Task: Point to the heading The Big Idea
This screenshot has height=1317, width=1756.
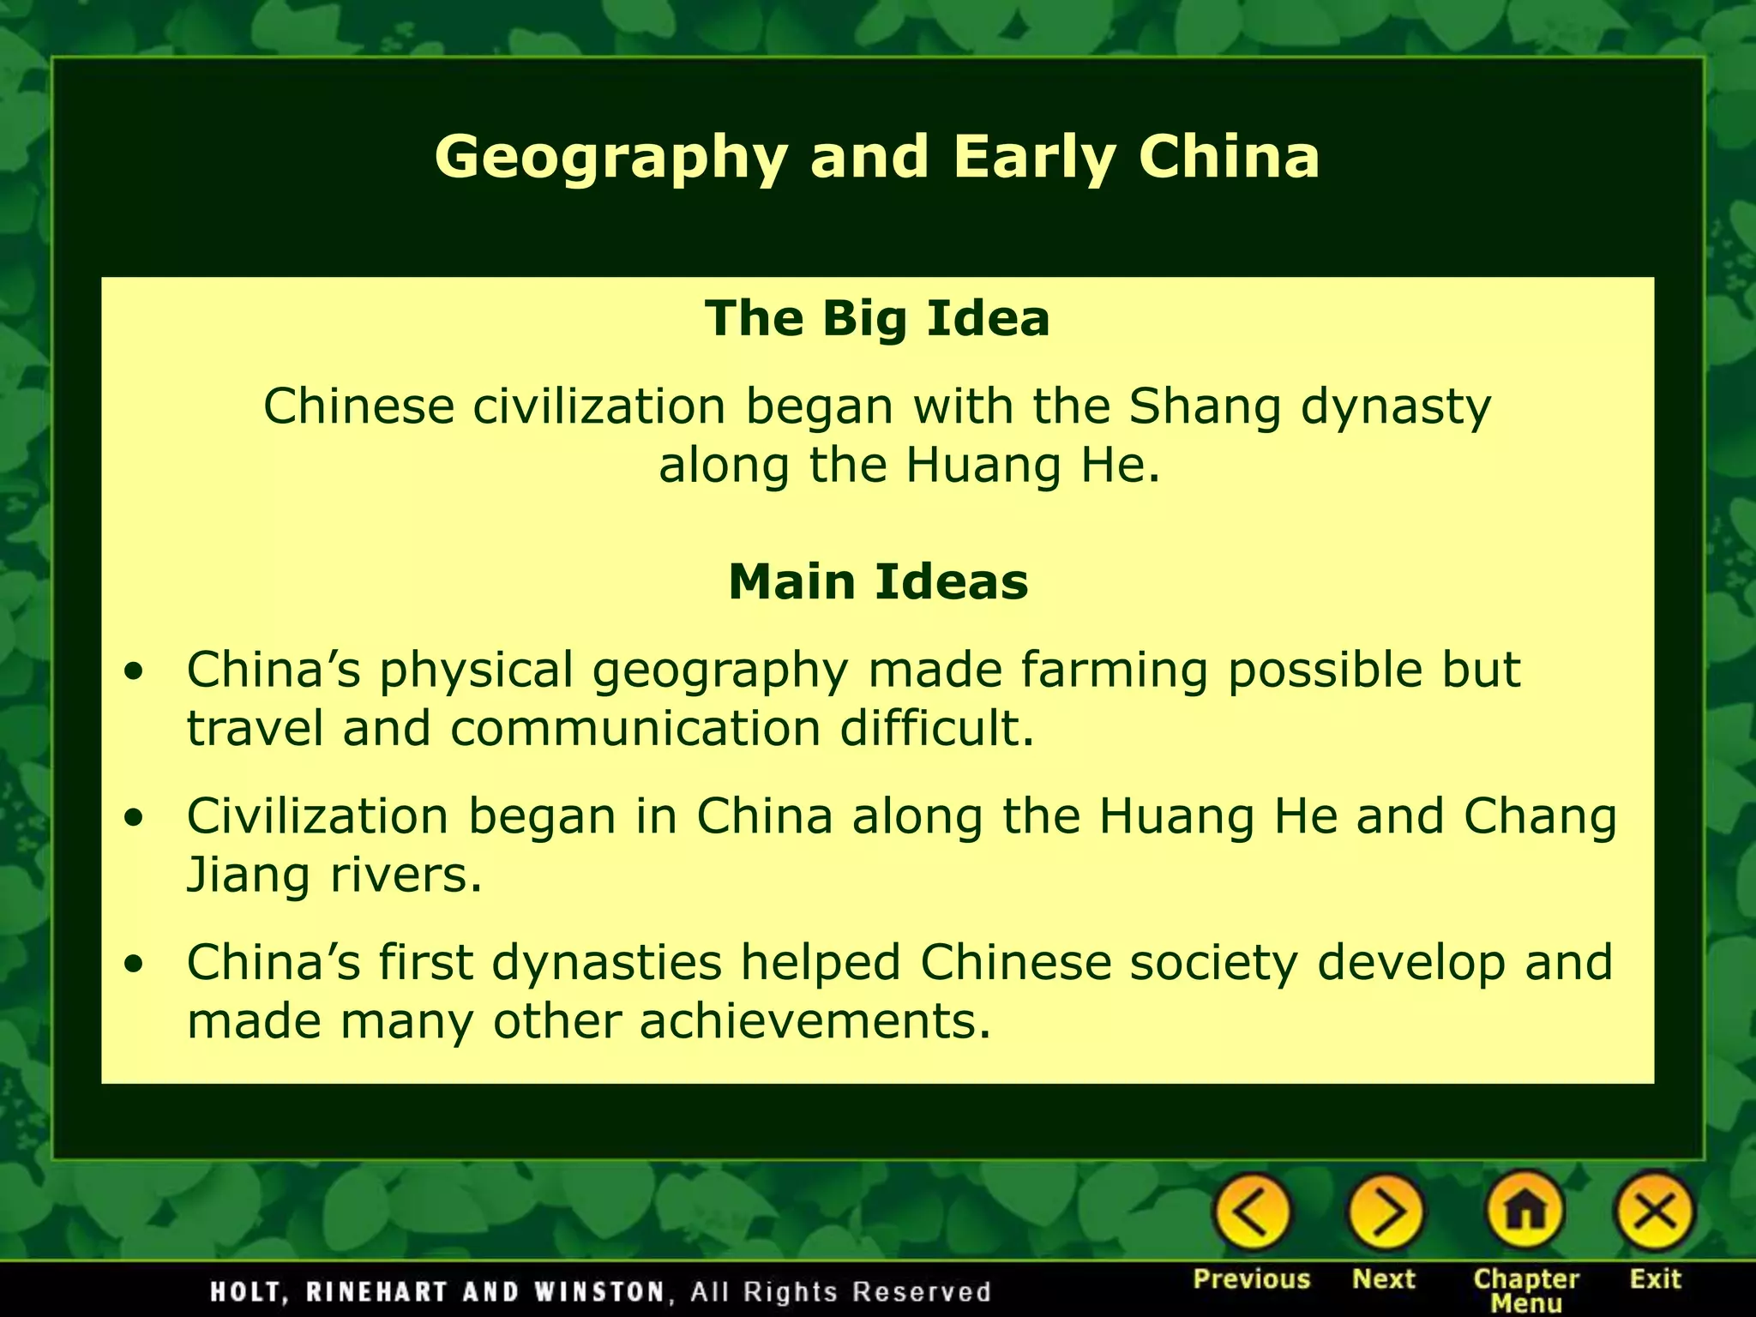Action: [877, 318]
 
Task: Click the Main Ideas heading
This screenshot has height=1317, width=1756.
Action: [878, 582]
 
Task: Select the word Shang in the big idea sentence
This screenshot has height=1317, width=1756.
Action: [1205, 406]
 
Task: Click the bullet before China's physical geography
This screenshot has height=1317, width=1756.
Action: [134, 672]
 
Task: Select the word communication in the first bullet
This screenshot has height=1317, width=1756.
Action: [635, 729]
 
